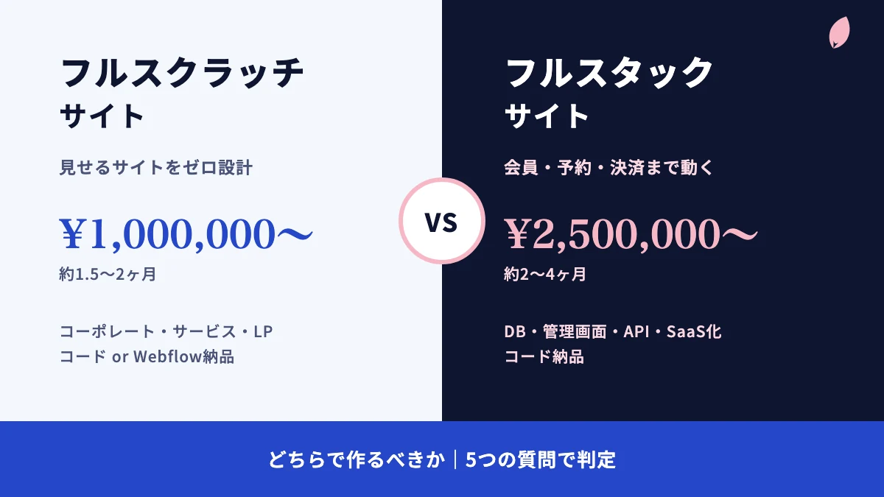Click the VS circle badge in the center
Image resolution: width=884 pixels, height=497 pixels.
pos(441,221)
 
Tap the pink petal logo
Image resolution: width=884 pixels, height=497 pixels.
pos(839,32)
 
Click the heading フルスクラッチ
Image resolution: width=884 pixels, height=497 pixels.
pos(182,73)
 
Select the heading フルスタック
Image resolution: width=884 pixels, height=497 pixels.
pos(609,73)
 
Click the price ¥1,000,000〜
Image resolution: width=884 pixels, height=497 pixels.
pos(186,234)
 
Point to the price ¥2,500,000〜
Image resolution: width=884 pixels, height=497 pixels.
pos(631,234)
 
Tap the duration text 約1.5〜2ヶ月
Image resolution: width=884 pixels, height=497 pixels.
pos(108,274)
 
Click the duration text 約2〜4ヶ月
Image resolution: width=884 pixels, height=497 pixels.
pos(545,274)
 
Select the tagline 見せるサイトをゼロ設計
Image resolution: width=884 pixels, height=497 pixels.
pos(156,167)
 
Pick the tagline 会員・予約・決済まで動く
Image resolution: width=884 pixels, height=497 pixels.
pos(609,167)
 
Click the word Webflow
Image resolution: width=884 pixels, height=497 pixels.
pos(168,356)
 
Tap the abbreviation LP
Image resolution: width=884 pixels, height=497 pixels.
pos(263,332)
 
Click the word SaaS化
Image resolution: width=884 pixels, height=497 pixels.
pos(694,332)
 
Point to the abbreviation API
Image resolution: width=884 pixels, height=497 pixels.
pos(636,332)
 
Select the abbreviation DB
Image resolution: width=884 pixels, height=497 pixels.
pos(515,332)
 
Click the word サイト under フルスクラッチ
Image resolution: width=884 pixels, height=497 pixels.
pos(102,116)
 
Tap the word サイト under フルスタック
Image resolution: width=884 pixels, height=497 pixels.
pos(547,116)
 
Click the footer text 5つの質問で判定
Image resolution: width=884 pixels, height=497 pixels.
pos(541,460)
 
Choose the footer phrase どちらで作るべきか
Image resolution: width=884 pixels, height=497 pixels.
pos(357,460)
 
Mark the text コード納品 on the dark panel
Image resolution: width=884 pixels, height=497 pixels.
pos(544,356)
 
